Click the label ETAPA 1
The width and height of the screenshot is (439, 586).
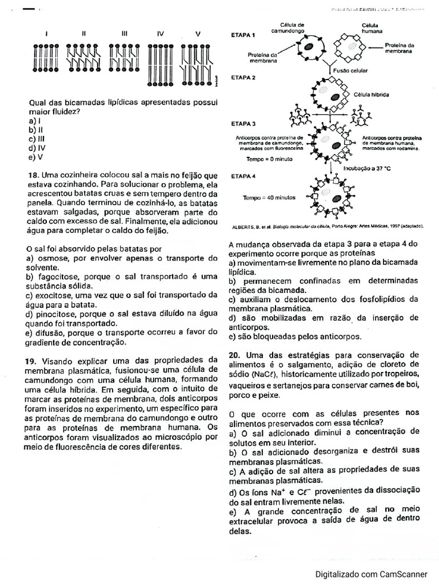243,35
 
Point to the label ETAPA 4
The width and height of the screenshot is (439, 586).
243,176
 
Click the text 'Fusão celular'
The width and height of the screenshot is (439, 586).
350,71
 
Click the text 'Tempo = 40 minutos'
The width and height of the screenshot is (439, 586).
269,197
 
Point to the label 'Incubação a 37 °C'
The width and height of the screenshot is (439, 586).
358,169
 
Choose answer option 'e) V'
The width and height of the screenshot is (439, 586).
35,157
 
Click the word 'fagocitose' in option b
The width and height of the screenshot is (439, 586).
58,276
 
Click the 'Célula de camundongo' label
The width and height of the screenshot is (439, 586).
292,27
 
